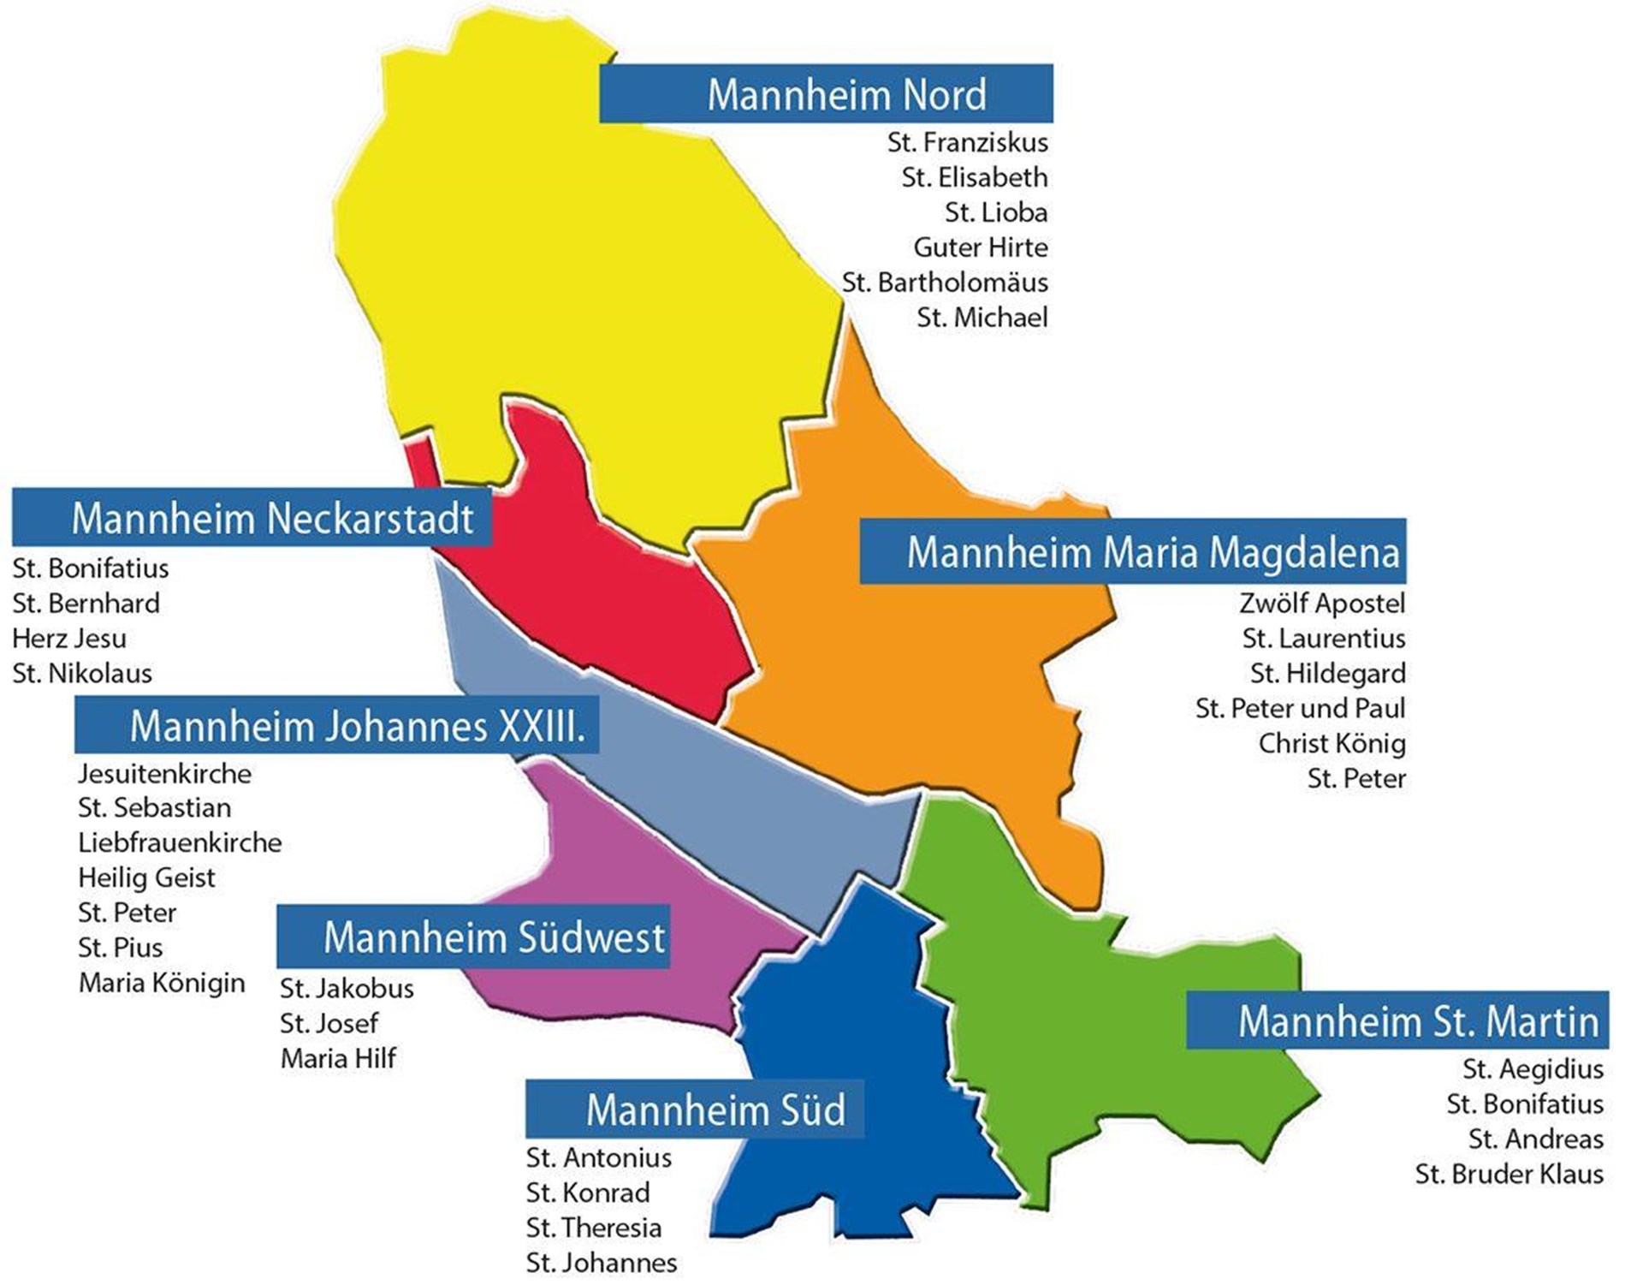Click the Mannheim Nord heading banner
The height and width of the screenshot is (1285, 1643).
point(826,93)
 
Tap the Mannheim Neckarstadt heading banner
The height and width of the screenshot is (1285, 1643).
point(252,518)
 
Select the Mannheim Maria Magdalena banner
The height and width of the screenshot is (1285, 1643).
point(1132,551)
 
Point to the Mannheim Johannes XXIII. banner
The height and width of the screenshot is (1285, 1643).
point(336,725)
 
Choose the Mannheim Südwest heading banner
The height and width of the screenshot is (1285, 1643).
point(473,937)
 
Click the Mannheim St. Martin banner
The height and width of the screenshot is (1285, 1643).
point(1397,1020)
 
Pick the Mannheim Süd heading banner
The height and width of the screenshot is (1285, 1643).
point(694,1110)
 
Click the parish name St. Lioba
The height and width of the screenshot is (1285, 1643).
point(995,212)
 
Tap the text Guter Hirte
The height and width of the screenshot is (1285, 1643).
point(980,247)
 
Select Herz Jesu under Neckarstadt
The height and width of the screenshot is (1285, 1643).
point(69,639)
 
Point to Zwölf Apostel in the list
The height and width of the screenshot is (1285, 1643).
point(1321,604)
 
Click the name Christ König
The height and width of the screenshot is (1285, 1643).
point(1332,744)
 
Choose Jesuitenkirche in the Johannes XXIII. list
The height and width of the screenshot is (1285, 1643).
point(164,774)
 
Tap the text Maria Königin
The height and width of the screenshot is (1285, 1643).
point(162,983)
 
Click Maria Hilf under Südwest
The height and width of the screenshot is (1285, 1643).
point(338,1059)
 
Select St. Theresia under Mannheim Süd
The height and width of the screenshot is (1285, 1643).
point(593,1228)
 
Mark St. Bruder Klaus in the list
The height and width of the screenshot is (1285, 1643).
point(1509,1175)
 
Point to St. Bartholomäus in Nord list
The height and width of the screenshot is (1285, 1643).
point(945,283)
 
